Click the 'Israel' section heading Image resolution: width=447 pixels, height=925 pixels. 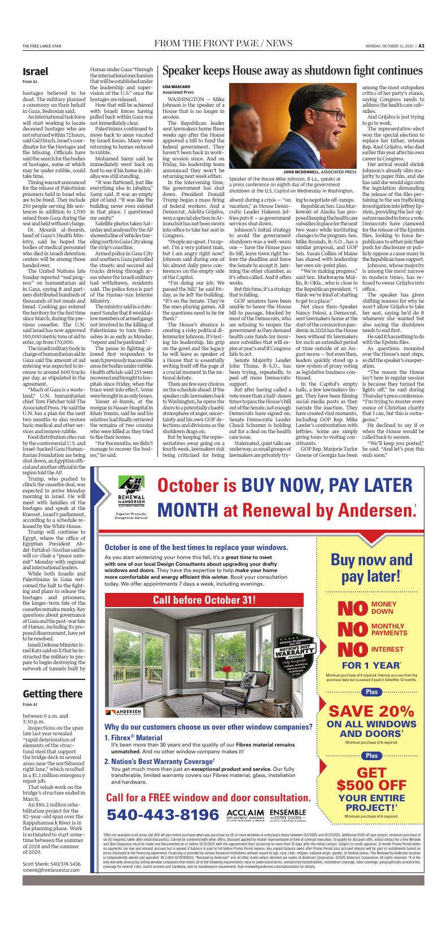pyautogui.click(x=35, y=72)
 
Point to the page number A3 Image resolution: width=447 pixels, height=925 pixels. pyautogui.click(x=421, y=46)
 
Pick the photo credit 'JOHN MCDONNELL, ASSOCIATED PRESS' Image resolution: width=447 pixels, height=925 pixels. pyautogui.click(x=319, y=171)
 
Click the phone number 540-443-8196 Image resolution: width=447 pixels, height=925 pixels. pyautogui.click(x=163, y=815)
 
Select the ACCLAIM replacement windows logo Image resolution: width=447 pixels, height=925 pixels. pyautogui.click(x=245, y=815)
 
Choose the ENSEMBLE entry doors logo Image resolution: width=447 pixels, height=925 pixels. pyautogui.click(x=288, y=815)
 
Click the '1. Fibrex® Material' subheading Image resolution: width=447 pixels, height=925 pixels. pyautogui.click(x=133, y=738)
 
